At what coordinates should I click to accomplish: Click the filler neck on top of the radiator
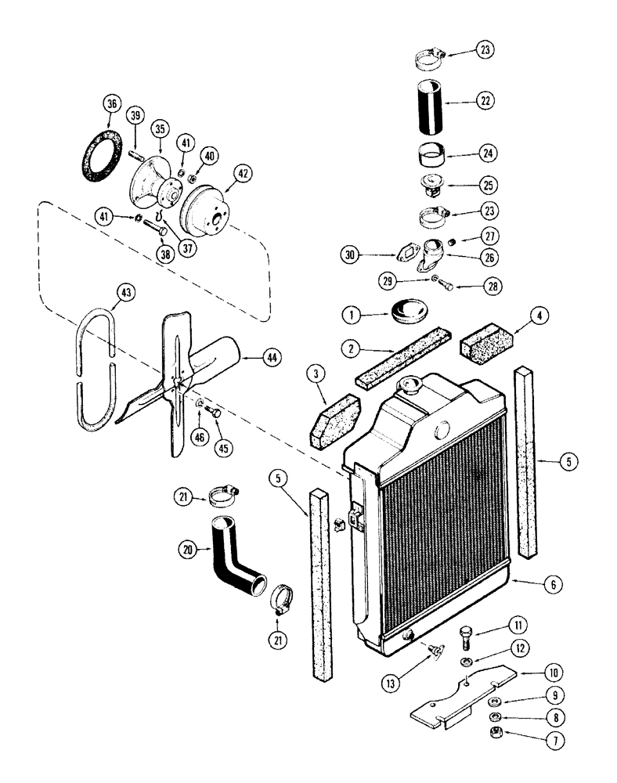coord(410,385)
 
